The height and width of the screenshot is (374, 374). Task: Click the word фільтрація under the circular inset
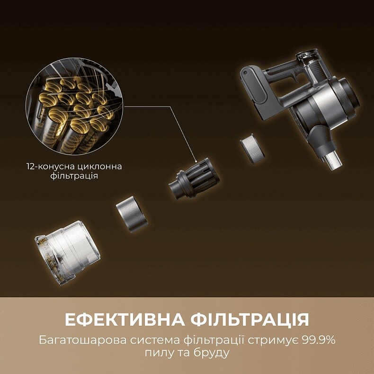[75, 176]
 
